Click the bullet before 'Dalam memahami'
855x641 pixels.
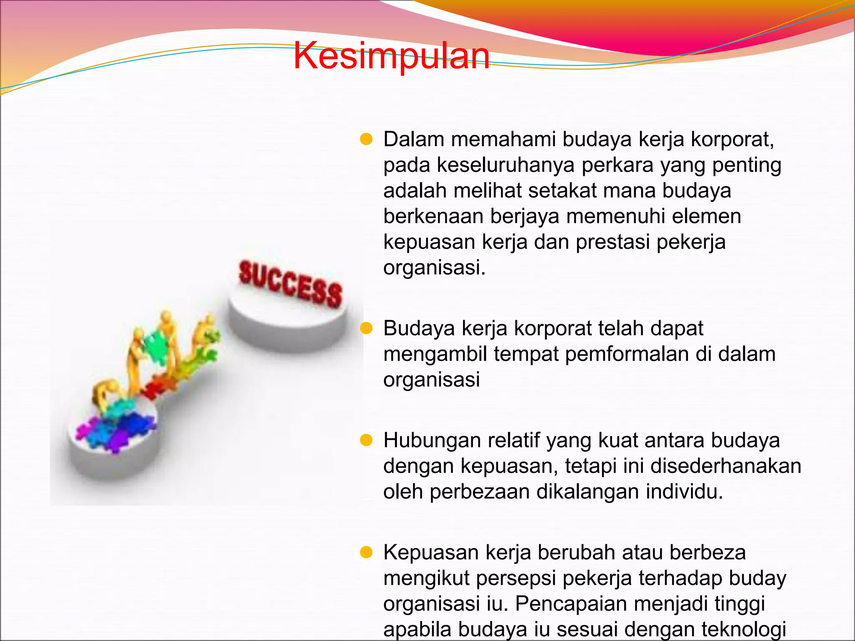366,139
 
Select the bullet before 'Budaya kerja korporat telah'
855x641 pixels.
366,328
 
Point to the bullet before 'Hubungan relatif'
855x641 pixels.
366,440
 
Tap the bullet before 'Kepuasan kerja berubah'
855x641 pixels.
366,553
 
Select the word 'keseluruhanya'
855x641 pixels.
505,165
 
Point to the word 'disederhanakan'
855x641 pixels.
726,466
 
